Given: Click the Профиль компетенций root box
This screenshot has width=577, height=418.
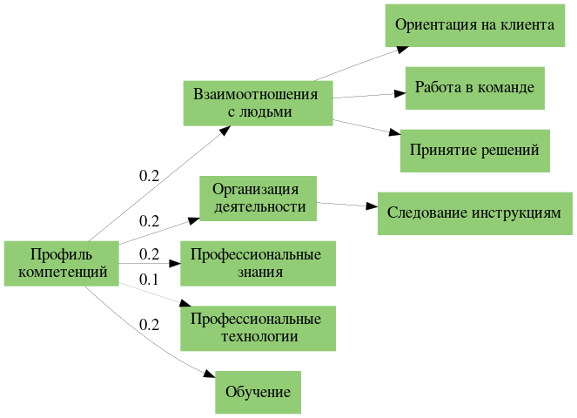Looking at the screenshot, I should pyautogui.click(x=61, y=263).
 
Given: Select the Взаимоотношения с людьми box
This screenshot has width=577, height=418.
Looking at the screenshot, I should pyautogui.click(x=258, y=103).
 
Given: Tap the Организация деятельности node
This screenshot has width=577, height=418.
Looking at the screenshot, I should pyautogui.click(x=258, y=198).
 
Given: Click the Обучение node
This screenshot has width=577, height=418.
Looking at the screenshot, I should pyautogui.click(x=258, y=392).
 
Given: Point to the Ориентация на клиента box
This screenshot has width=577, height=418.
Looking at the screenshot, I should pyautogui.click(x=474, y=25).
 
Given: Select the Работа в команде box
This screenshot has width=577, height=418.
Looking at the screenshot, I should pyautogui.click(x=474, y=88).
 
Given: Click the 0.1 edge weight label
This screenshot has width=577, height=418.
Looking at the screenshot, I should pyautogui.click(x=150, y=280).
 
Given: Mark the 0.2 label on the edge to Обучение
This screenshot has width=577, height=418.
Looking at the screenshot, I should pyautogui.click(x=150, y=325).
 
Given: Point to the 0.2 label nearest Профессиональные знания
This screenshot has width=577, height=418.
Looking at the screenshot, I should pyautogui.click(x=150, y=255).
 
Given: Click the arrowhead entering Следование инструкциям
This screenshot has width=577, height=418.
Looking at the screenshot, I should pyautogui.click(x=372, y=209).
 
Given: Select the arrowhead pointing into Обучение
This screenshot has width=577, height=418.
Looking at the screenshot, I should pyautogui.click(x=210, y=374).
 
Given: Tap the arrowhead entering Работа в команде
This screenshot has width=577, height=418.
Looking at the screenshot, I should pyautogui.click(x=399, y=92).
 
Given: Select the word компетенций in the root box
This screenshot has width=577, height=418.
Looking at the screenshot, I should pyautogui.click(x=61, y=272).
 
